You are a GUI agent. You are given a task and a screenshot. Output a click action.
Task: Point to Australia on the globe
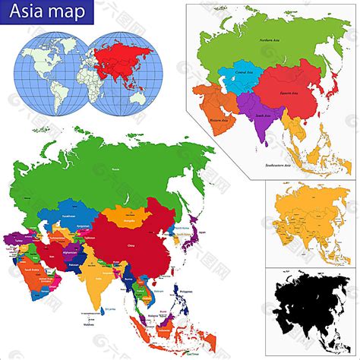tap(137, 96)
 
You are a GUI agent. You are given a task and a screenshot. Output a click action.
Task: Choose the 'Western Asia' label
tap(219, 121)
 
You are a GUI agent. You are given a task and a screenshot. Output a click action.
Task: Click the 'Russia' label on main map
tap(115, 169)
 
